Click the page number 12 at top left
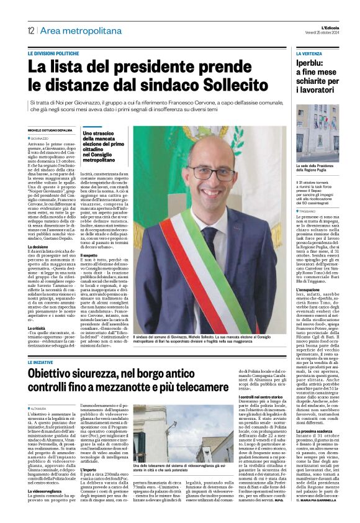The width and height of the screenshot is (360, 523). pos(30,31)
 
